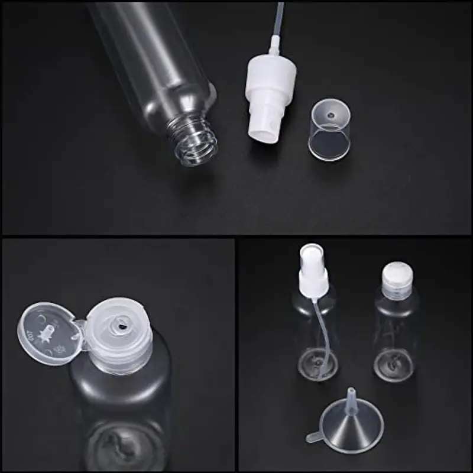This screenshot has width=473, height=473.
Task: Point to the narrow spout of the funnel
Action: (351, 396)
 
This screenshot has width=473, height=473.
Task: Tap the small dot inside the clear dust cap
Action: (331, 114)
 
